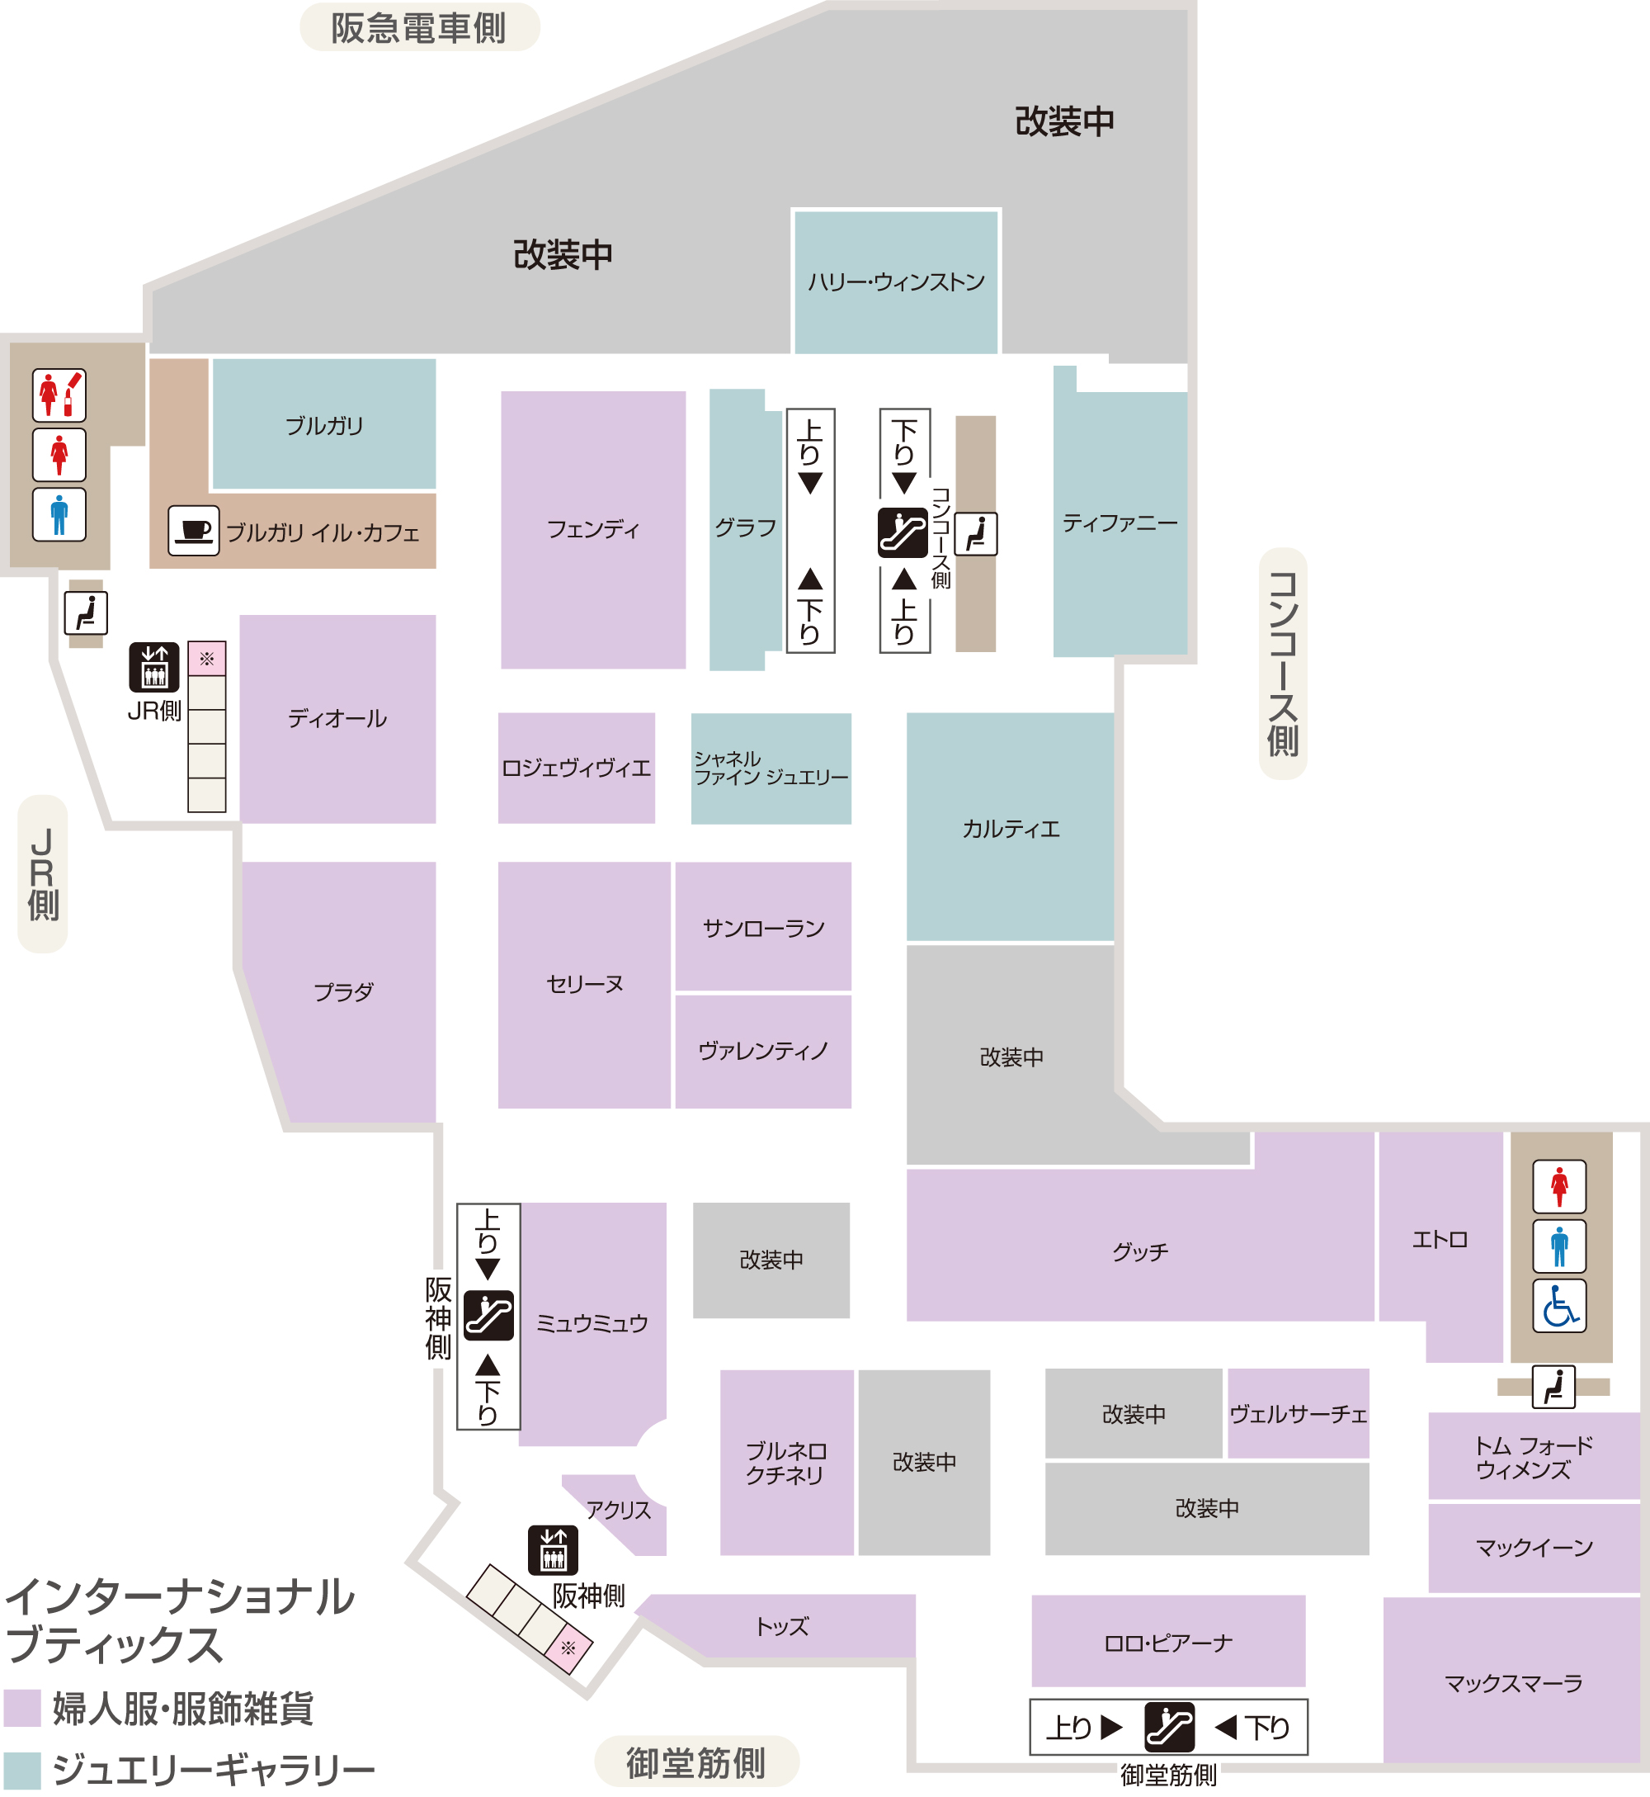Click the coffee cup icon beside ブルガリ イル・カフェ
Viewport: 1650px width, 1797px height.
click(194, 531)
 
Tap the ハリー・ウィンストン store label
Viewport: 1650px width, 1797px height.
click(895, 282)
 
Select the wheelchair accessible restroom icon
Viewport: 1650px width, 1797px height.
click(1559, 1306)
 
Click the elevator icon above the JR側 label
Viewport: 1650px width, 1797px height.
click(153, 666)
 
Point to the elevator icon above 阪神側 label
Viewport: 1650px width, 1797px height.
click(553, 1549)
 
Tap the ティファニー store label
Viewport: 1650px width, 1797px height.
click(1120, 523)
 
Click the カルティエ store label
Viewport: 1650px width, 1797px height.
click(1011, 829)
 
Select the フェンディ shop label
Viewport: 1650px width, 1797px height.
click(593, 530)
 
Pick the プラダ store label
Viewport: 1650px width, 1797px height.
click(344, 991)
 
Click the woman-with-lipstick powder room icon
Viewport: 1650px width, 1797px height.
click(59, 395)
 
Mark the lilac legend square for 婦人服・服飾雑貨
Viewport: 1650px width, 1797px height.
click(22, 1708)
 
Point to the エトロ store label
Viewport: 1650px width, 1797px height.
click(1440, 1239)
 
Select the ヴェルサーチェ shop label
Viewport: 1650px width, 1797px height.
click(1299, 1414)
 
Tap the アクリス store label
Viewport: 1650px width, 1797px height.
click(618, 1511)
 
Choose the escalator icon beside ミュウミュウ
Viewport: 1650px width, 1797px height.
click(488, 1315)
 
